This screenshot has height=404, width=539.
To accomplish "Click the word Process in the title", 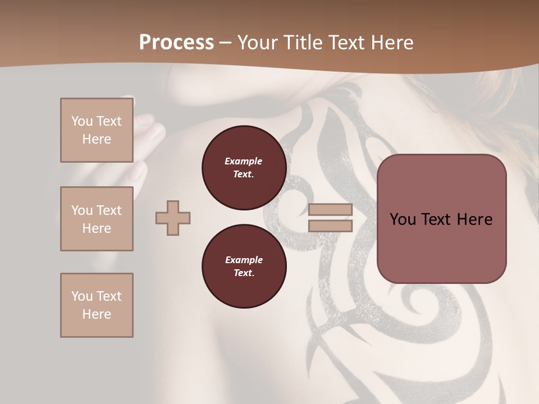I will (x=176, y=43).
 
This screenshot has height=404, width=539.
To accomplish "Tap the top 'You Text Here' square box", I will (x=97, y=130).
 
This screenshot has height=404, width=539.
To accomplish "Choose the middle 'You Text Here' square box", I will (x=97, y=219).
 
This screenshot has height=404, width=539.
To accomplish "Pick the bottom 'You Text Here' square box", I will (x=97, y=305).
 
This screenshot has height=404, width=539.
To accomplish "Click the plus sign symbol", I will (x=173, y=218).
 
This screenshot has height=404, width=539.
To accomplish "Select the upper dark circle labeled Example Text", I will (x=244, y=167).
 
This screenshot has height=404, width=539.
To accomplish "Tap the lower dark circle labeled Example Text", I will (x=244, y=266).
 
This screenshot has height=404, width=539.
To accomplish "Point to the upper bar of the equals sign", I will (x=330, y=210).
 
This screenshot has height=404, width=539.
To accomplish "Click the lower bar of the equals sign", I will (x=330, y=226).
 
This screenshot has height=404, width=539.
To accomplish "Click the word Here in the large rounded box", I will (x=474, y=219).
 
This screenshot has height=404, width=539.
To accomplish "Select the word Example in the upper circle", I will (x=244, y=161).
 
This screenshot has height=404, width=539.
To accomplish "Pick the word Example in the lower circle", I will (x=244, y=260).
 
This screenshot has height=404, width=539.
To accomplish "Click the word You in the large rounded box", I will (x=403, y=219).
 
